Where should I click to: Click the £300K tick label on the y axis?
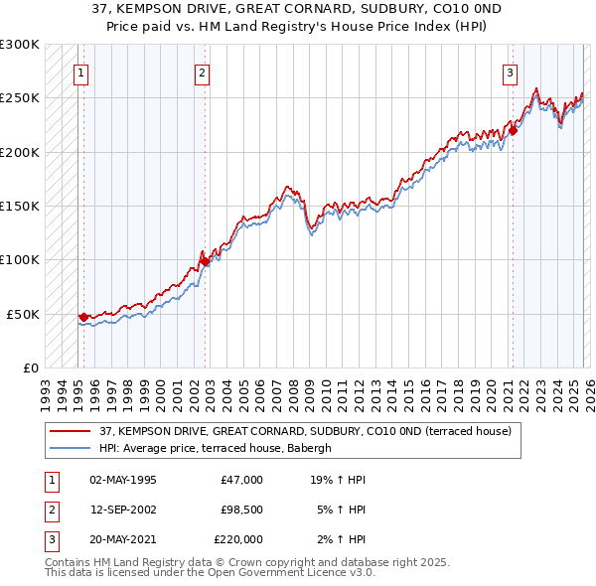[x=20, y=45]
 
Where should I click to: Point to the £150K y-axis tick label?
[x=20, y=207]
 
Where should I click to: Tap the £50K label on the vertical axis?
[x=23, y=314]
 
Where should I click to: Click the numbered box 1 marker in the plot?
[x=80, y=73]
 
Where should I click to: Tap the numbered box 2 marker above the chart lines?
[x=202, y=73]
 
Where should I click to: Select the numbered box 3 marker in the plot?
[x=510, y=73]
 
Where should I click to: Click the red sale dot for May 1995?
[x=83, y=317]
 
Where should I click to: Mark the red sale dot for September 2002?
[x=205, y=261]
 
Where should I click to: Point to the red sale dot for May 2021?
[x=514, y=130]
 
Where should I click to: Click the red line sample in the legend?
[x=71, y=431]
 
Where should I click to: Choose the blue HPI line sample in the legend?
[x=71, y=448]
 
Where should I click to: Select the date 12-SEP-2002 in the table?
[x=122, y=510]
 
